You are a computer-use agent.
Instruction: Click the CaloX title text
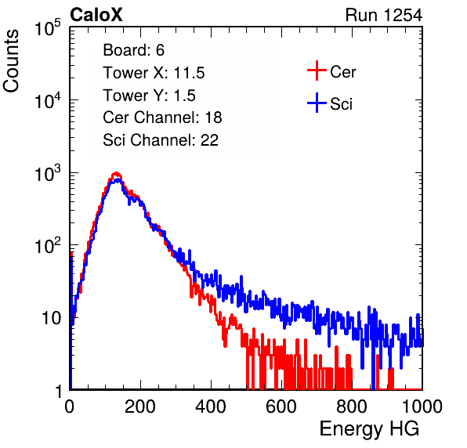tap(96, 15)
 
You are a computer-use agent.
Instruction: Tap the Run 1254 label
tap(384, 15)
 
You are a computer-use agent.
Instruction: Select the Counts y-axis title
tap(11, 61)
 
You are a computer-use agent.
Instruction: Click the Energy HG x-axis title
tap(369, 429)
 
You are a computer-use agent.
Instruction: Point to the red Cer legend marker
tap(317, 70)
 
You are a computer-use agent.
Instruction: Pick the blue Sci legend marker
tap(317, 103)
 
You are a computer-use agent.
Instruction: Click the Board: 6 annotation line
tap(133, 50)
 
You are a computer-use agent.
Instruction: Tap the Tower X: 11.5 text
tap(154, 73)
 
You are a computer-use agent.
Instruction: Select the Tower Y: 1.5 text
tap(149, 96)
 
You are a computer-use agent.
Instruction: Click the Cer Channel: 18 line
tap(162, 117)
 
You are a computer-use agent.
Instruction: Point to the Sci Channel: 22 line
tap(161, 140)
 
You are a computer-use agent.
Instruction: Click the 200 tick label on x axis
tap(140, 406)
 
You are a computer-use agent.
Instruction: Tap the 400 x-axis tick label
tap(211, 406)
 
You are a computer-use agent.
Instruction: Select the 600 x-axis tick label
tap(281, 406)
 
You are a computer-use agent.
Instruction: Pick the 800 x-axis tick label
tap(352, 406)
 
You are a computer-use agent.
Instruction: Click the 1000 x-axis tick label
tap(422, 406)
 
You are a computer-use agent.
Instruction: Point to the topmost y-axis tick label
tap(48, 28)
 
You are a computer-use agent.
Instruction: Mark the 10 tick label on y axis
tap(52, 318)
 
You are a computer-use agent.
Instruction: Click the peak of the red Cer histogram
tap(116, 173)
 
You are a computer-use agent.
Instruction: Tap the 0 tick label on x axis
tap(70, 406)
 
